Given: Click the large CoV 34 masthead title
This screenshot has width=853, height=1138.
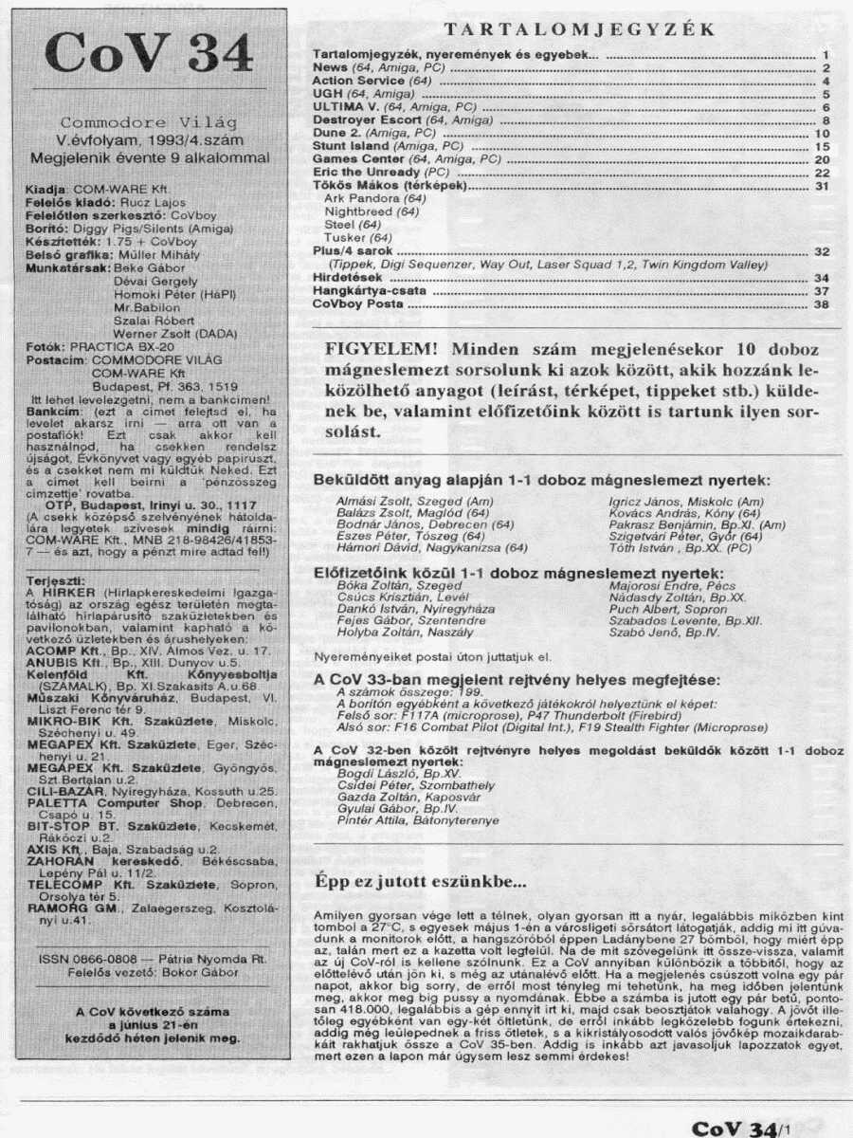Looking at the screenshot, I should pos(149,54).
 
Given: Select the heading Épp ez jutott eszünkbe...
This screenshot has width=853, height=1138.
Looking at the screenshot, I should pos(420,881).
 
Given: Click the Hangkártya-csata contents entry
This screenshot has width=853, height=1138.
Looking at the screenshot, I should pos(362,292).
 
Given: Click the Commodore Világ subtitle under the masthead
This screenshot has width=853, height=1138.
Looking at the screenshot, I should pos(149,122).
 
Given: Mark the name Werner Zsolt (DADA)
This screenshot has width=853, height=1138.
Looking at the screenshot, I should pos(175,333).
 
